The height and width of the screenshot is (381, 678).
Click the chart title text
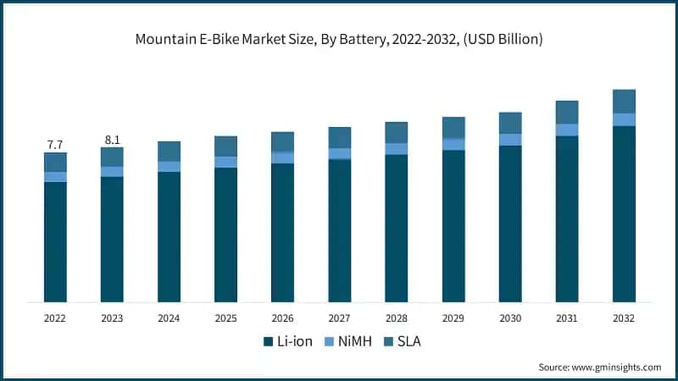pyautogui.click(x=339, y=39)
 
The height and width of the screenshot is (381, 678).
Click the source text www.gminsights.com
pyautogui.click(x=599, y=367)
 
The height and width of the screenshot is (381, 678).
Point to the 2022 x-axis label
pyautogui.click(x=55, y=317)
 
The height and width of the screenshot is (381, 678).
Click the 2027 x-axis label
pyautogui.click(x=339, y=317)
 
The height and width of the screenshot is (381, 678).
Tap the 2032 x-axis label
pyautogui.click(x=624, y=317)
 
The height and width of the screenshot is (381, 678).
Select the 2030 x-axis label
pyautogui.click(x=510, y=317)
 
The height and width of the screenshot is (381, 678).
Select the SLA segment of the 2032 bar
pyautogui.click(x=624, y=101)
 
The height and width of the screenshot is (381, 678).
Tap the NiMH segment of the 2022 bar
pyautogui.click(x=55, y=177)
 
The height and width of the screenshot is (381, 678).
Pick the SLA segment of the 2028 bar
pyautogui.click(x=396, y=132)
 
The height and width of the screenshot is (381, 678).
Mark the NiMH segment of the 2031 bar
pyautogui.click(x=567, y=130)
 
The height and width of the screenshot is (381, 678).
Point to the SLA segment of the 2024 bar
pyautogui.click(x=169, y=151)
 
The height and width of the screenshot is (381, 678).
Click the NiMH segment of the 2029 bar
pyautogui.click(x=453, y=144)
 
